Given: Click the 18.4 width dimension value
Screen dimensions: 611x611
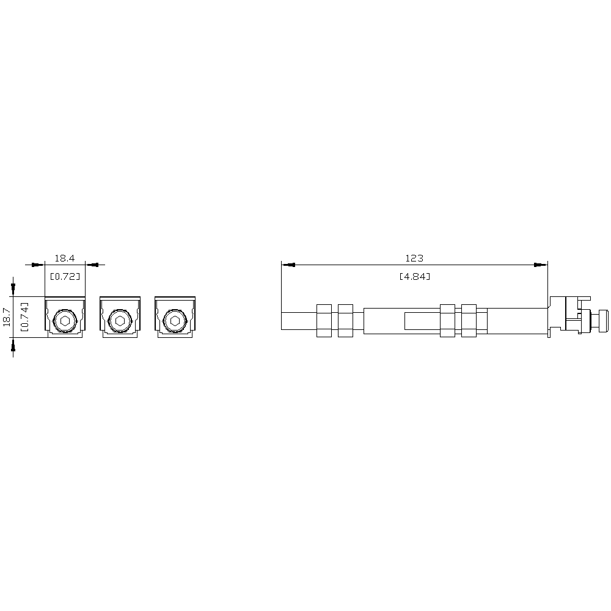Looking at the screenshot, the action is [x=64, y=258].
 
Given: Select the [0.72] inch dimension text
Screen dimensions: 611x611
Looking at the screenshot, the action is [x=65, y=276].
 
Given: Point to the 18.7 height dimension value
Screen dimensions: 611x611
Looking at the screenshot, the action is [x=7, y=316].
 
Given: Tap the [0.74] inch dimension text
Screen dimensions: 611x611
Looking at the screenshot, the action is [x=24, y=316].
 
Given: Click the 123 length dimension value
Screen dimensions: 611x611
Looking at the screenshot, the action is [x=414, y=258].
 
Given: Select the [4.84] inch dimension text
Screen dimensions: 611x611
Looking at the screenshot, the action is [x=415, y=276].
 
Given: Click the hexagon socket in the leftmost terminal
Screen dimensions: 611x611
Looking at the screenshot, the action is [x=65, y=321].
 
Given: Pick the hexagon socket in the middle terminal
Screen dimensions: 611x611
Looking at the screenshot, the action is [x=120, y=321].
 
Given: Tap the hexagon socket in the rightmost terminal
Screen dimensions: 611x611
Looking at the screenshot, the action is [x=175, y=321].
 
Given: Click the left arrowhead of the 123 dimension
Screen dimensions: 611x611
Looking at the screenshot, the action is [x=288, y=265].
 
